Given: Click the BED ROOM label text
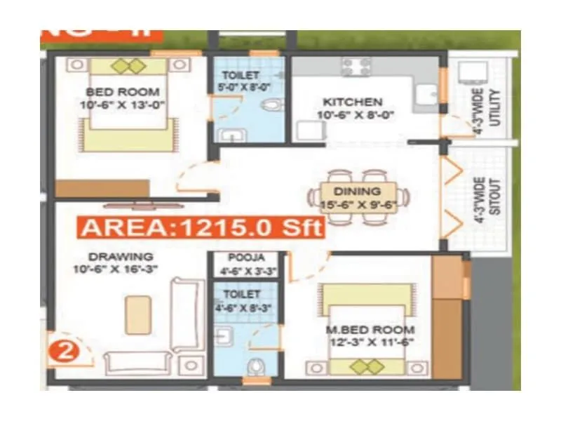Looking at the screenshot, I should click(123, 92).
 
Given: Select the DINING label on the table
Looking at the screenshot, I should click(357, 191).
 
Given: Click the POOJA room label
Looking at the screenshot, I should click(243, 257).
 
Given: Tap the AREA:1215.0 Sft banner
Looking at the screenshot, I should click(201, 228).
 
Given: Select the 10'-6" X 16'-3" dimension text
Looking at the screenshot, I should click(112, 269).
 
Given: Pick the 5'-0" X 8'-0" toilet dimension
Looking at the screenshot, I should click(244, 87).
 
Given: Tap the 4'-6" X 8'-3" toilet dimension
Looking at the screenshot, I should click(241, 306).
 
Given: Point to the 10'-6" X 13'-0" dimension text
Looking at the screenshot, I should click(123, 105).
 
